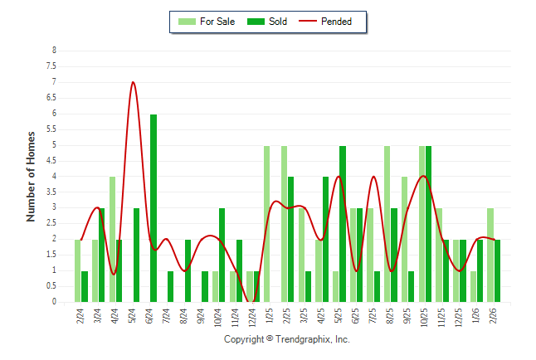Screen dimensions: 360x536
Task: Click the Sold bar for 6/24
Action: [x=153, y=208]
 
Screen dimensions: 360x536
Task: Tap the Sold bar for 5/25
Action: [x=343, y=224]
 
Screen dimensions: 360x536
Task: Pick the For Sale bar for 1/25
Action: [x=266, y=224]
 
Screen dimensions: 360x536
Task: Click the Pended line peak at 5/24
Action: [x=133, y=82]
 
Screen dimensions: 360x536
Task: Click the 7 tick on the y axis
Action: [x=54, y=82]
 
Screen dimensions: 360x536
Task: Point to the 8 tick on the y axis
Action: [x=54, y=51]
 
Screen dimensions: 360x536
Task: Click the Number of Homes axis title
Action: [x=32, y=176]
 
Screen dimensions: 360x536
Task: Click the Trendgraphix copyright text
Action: [x=287, y=340]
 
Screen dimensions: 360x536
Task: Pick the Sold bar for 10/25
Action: [x=429, y=224]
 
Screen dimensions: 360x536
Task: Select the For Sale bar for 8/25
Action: [x=387, y=224]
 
